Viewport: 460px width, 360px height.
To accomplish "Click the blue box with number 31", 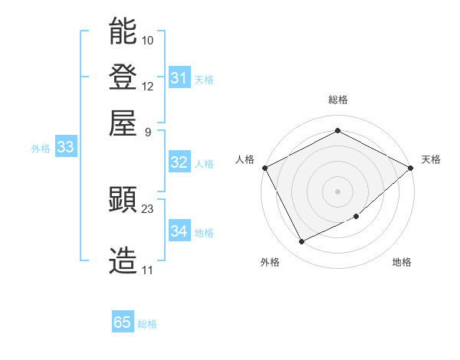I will pos(179,78).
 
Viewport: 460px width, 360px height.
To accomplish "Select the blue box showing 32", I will pos(179,162).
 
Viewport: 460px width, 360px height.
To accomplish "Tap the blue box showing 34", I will pos(179,231).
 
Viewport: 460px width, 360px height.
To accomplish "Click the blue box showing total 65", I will pos(123,322).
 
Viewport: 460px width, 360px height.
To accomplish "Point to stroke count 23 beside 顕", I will pos(148,208).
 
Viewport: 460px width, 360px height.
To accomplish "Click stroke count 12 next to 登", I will pos(148,86).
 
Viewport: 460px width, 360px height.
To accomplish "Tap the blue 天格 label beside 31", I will pos(204,79).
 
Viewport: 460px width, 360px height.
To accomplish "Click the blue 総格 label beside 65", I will pos(147,324).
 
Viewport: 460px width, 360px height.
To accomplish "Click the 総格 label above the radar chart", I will pos(337,100).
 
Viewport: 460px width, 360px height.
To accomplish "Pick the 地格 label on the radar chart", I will pos(402,262).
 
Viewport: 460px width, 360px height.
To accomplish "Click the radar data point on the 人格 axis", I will pos(264,167).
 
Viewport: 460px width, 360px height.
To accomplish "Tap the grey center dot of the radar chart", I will pos(337,191).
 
